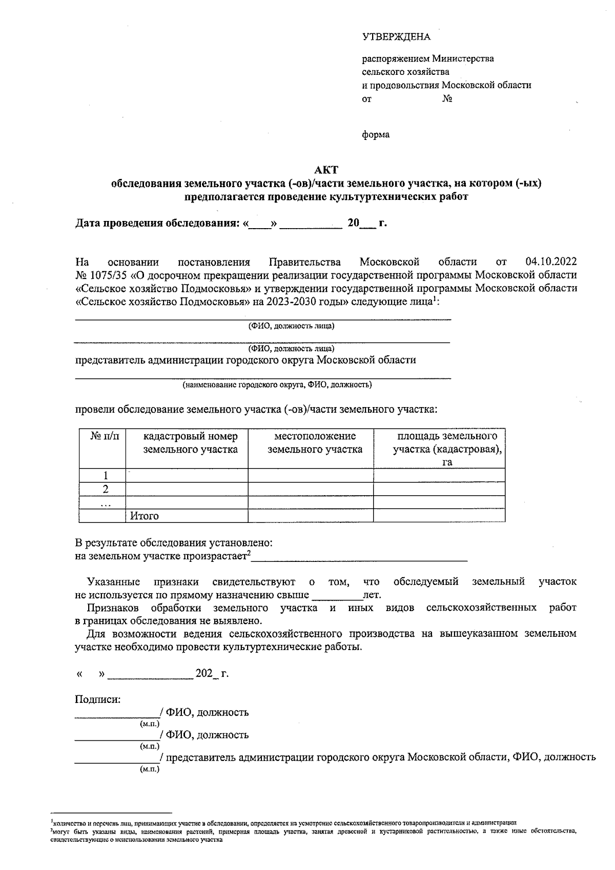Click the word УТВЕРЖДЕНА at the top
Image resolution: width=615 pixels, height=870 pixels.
point(396,37)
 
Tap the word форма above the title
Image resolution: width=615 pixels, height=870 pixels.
point(376,135)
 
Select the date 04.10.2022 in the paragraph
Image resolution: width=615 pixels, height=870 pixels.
point(551,262)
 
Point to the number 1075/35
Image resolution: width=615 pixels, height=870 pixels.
point(110,275)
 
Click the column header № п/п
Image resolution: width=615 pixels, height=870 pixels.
point(105,436)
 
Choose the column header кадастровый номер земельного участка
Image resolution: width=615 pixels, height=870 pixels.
point(190,443)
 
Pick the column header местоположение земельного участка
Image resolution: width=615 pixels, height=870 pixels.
point(315,443)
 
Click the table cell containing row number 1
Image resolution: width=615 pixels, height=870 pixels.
point(106,475)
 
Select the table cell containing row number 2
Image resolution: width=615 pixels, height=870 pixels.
point(106,489)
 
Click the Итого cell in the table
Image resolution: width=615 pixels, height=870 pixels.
point(145,516)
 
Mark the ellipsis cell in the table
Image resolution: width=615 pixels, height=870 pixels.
point(106,503)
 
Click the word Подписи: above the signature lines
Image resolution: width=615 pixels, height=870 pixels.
point(98,699)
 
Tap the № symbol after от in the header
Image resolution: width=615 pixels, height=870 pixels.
point(447,99)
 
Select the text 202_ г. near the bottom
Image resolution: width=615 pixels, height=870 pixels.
point(212,674)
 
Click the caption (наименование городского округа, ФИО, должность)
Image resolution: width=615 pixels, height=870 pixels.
point(277,385)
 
